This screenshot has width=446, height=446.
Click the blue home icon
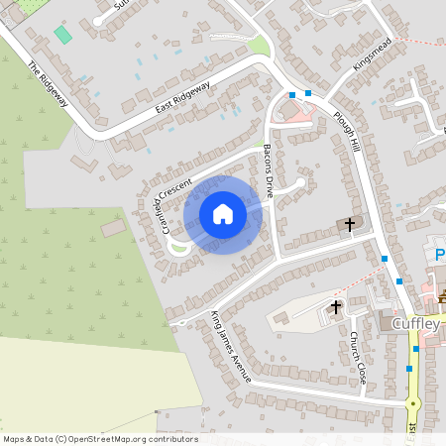click(x=223, y=214)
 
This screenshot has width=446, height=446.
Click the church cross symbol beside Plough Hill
click(x=348, y=224)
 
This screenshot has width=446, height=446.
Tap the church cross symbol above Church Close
click(x=336, y=306)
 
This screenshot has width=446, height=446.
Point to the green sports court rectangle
click(x=63, y=35)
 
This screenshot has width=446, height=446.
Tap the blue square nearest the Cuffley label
click(x=416, y=349)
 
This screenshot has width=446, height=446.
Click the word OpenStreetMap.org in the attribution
click(x=110, y=439)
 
